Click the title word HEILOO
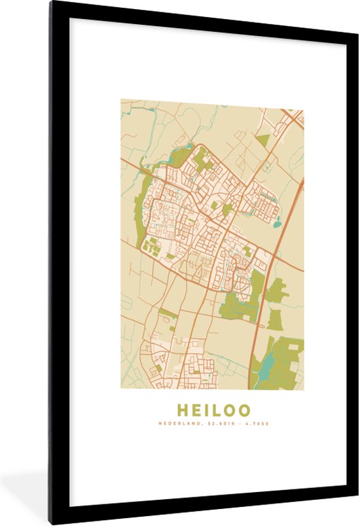213,411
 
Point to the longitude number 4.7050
257,424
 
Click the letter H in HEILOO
183,411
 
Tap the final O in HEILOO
243,411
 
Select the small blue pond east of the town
278,224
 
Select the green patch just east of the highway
276,291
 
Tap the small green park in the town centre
226,209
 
